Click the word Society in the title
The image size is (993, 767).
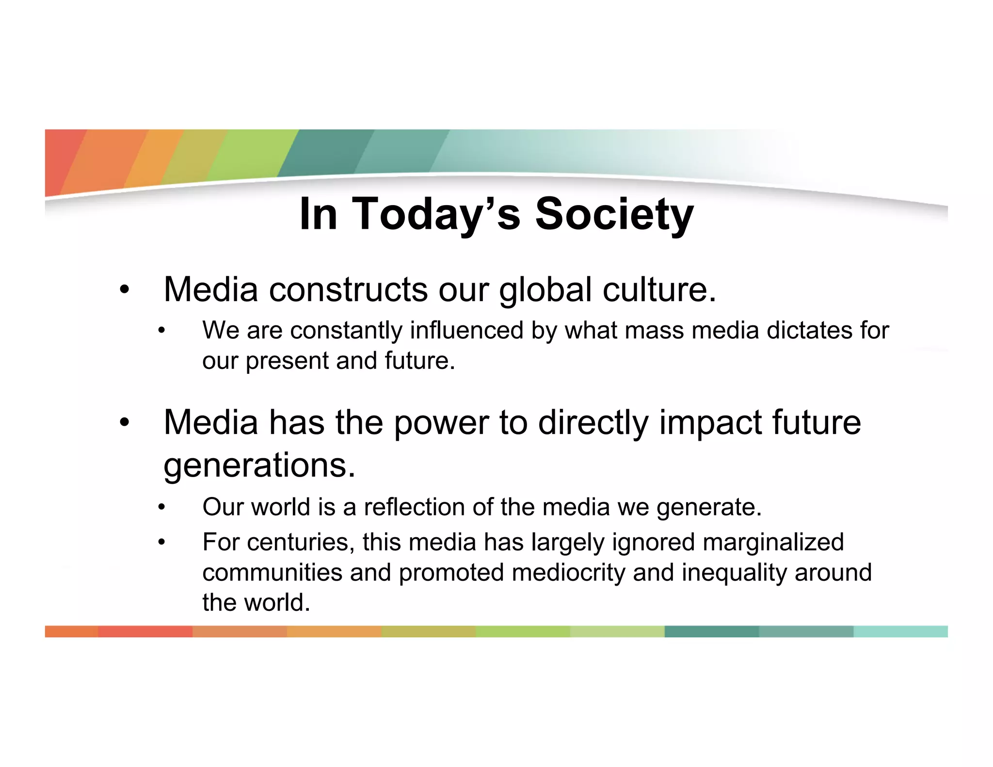614,214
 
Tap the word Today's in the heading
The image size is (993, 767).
436,214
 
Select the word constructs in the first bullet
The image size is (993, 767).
348,290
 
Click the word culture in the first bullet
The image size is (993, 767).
654,290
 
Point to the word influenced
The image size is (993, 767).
466,330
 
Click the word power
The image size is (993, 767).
441,422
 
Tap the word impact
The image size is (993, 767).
710,422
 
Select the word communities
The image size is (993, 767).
272,573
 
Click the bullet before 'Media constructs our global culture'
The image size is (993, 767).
125,290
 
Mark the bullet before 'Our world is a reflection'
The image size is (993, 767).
161,508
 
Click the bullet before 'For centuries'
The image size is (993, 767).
161,543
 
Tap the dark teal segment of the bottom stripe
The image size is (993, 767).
711,631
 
